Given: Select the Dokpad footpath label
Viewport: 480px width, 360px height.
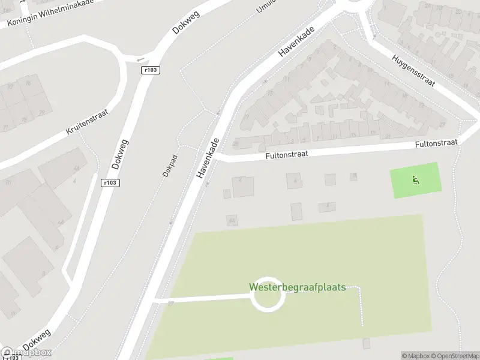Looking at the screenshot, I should click(170, 165).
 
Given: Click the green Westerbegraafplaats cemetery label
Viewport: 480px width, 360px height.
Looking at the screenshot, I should click(298, 287).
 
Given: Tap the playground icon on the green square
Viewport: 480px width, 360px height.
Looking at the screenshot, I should click(415, 179).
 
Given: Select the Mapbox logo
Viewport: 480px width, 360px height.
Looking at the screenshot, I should click(26, 353).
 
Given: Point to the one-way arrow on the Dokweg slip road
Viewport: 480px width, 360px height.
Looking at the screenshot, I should click(140, 59).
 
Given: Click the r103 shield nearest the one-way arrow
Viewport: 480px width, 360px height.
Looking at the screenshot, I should click(151, 70).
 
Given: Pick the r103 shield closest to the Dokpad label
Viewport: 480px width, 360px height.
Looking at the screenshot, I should click(110, 183).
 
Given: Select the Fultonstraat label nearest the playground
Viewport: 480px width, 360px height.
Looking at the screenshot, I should click(436, 144).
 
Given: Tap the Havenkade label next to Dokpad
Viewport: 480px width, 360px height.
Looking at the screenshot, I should click(208, 157).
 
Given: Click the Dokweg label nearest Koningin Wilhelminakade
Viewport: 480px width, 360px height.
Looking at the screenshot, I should click(185, 21).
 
